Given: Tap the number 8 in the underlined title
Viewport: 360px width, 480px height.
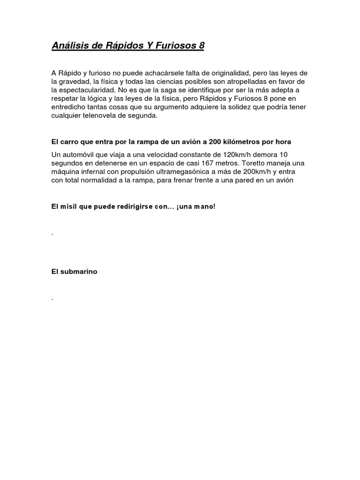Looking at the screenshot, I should coord(201,46).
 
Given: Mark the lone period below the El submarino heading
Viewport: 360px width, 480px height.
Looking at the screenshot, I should coord(52,298).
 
